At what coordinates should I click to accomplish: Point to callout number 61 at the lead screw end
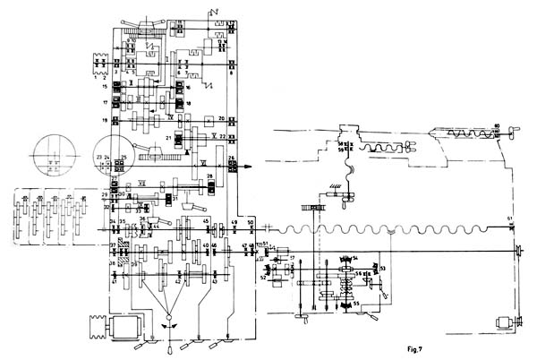click(511, 219)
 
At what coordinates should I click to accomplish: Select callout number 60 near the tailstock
click(498, 126)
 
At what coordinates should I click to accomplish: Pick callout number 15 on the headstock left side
click(105, 87)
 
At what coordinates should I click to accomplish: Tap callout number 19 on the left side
click(105, 119)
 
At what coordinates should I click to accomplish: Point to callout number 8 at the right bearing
click(230, 73)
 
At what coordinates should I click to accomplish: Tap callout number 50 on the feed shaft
click(251, 221)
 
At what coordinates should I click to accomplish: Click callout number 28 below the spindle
click(209, 177)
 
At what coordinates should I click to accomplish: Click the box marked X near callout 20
click(208, 119)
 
